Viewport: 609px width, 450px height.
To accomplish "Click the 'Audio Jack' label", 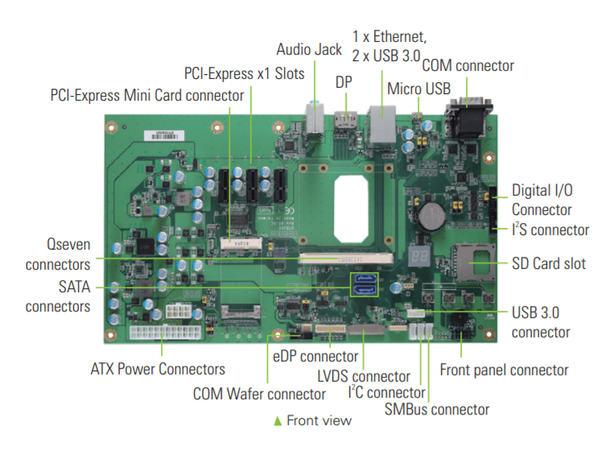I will point(309,50).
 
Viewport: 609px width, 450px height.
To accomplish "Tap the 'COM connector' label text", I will point(467,65).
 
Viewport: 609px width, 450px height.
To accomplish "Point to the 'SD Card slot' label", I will point(549,263).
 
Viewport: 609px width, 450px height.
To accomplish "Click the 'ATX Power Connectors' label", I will point(158,369).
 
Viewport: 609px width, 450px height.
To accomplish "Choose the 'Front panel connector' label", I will point(504,369).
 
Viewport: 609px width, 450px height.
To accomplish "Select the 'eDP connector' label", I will point(315,356).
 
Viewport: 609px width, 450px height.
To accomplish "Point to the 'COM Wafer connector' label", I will point(259,394).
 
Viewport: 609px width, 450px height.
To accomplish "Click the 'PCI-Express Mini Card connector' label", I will point(146,95).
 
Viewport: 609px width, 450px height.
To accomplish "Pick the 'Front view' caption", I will point(319,420).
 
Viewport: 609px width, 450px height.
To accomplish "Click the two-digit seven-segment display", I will point(423,255).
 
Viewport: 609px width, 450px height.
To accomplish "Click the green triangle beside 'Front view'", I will point(278,420).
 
